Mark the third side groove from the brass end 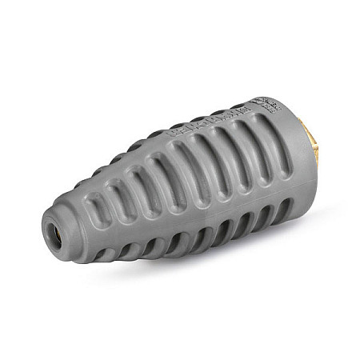pyautogui.click(x=214, y=164)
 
